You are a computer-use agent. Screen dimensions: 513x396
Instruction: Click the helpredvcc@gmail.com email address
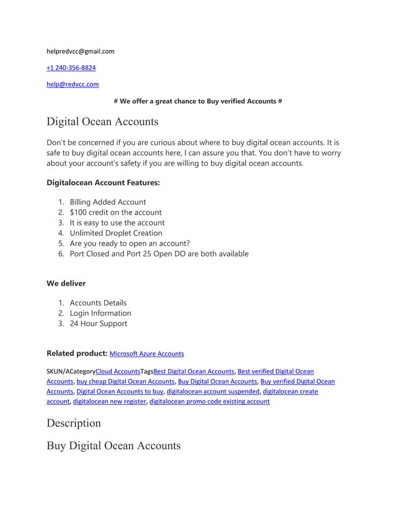pos(81,51)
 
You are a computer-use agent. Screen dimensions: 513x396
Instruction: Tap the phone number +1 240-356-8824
pos(71,68)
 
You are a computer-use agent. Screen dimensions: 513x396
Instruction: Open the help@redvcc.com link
pos(73,84)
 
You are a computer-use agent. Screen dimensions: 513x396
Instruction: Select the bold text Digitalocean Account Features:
pos(103,183)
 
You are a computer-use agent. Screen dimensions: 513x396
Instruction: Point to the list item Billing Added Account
pos(108,202)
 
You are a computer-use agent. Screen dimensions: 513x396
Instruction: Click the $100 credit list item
pos(115,212)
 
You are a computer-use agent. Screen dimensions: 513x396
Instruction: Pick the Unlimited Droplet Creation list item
pos(116,233)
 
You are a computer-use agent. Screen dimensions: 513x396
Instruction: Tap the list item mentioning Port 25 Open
pos(159,253)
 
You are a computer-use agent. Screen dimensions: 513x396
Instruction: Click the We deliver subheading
pos(66,284)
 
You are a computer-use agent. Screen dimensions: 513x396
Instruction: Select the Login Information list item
pos(101,313)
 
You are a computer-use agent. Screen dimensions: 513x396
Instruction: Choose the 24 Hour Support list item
pos(98,324)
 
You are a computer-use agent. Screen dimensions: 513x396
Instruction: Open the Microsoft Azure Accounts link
pos(146,354)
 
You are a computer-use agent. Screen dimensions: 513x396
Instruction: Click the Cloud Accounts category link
pos(118,371)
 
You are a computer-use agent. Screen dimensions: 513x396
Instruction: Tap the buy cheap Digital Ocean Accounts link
pos(125,381)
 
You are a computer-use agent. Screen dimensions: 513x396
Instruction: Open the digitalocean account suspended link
pos(213,392)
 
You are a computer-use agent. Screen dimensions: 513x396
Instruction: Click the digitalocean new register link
pos(109,402)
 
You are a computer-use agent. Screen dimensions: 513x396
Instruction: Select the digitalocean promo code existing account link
pos(210,402)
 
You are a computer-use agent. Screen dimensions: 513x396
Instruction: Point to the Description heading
pos(73,423)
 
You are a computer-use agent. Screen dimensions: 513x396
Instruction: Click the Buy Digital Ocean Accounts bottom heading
pos(114,445)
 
